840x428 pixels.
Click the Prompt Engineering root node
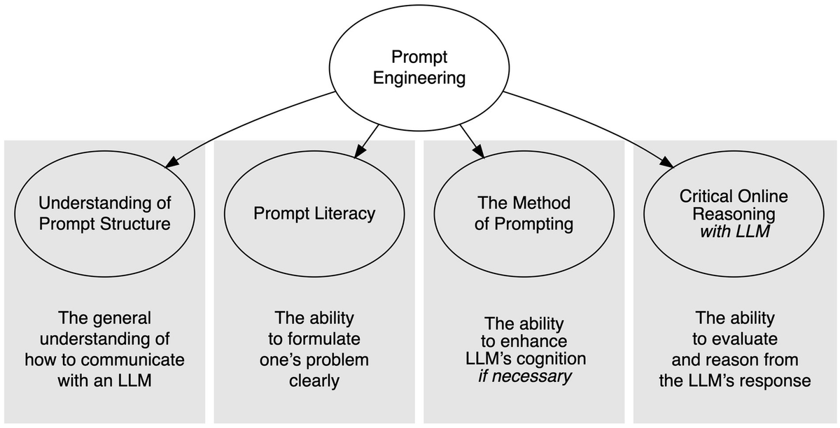419,68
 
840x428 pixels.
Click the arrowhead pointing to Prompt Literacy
359,151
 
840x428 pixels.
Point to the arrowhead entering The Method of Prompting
479,151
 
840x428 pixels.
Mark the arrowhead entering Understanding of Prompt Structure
171,162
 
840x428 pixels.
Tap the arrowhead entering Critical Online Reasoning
667,162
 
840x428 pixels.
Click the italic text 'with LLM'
734,231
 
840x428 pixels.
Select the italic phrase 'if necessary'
524,376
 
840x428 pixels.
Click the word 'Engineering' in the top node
419,78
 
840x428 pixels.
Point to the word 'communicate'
132,359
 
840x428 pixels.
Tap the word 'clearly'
314,380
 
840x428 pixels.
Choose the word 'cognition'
551,359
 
